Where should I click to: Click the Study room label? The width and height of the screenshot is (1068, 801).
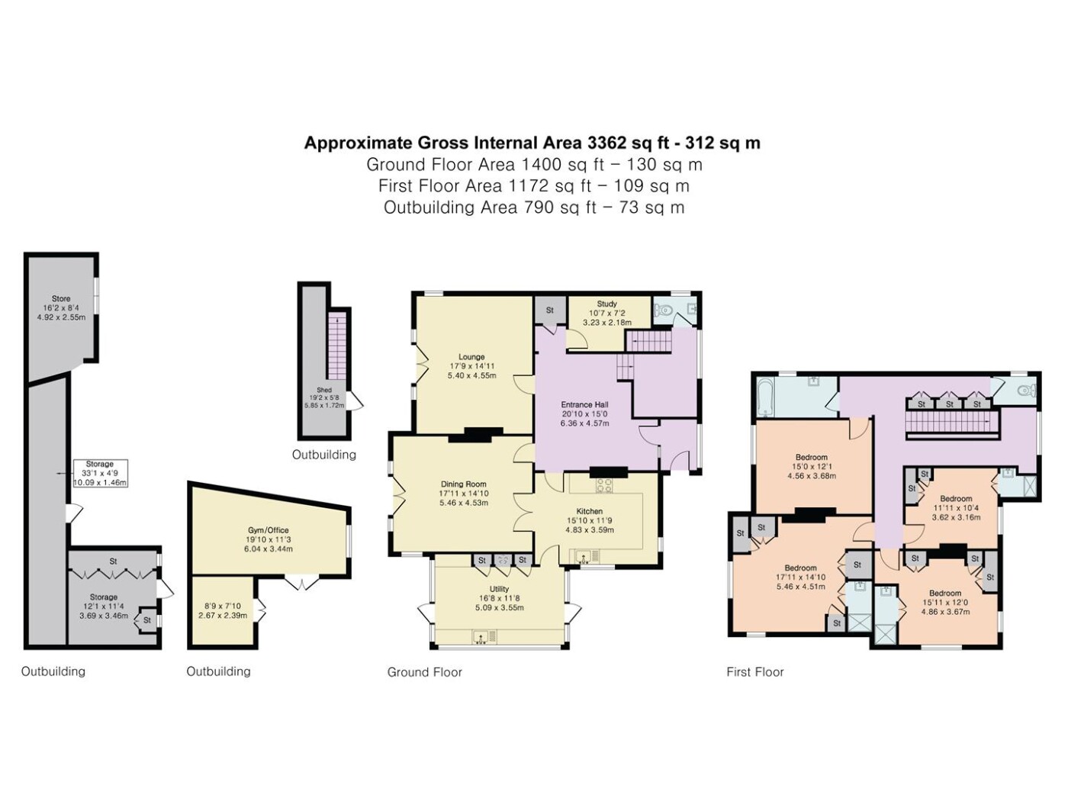606,304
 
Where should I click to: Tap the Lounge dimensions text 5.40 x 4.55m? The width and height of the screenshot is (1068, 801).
471,375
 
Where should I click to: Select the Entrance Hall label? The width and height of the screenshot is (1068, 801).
584,404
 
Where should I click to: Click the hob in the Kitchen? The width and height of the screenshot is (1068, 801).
604,484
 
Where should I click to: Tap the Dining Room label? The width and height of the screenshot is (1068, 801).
463,484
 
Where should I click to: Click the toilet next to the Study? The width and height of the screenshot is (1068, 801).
662,310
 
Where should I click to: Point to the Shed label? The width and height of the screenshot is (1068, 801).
324,390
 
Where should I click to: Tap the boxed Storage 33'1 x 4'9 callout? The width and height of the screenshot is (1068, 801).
100,473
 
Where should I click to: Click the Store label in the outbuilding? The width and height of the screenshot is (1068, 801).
61,298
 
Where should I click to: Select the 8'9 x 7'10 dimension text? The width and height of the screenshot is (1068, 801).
222,606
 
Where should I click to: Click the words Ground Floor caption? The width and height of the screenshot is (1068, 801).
424,672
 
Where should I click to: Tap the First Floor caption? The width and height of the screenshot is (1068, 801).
754,672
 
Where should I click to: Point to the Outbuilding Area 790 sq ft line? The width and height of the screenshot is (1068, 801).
534,207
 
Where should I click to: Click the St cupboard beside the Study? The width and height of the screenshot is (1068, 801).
550,310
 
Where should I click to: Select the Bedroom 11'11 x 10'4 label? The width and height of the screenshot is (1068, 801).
956,508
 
